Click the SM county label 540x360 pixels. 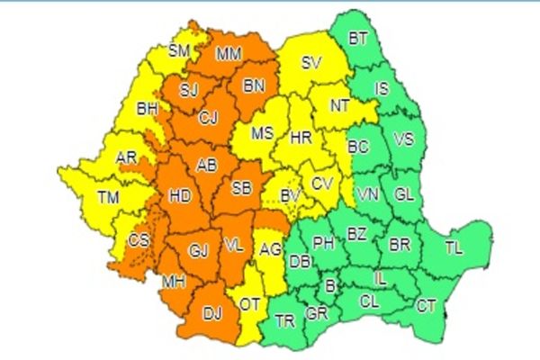click(x=179, y=51)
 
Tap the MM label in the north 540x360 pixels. click(x=229, y=54)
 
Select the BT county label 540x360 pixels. click(x=358, y=39)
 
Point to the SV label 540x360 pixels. click(x=311, y=63)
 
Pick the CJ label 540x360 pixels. click(x=209, y=117)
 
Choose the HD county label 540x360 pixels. click(x=180, y=194)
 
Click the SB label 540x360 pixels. click(x=241, y=189)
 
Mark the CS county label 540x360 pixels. click(x=139, y=240)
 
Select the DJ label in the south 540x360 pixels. click(x=211, y=314)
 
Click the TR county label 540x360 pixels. click(x=285, y=320)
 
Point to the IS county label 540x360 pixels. click(x=381, y=88)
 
